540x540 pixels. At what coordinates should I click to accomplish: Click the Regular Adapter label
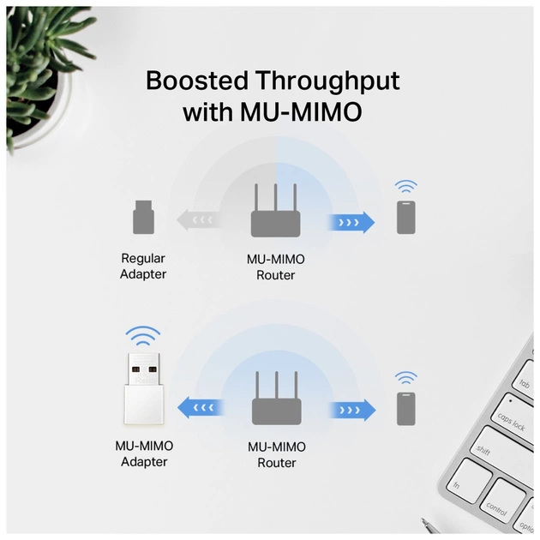(143, 266)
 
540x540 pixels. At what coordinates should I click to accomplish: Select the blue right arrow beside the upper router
(351, 223)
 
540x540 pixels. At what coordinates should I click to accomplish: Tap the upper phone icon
(406, 218)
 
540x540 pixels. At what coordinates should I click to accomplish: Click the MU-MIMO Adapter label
(144, 453)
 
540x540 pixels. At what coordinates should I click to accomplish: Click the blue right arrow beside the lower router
(351, 409)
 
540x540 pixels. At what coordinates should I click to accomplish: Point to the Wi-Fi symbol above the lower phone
(406, 378)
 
